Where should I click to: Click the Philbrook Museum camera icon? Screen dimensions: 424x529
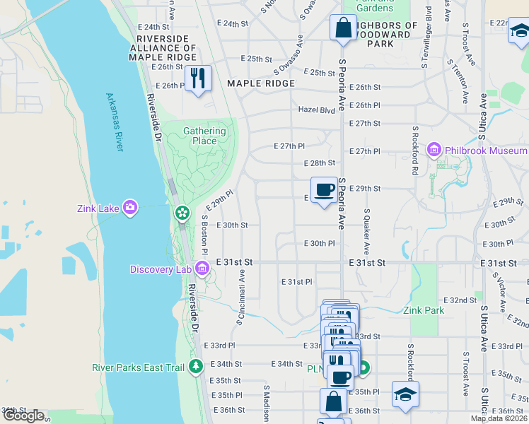point(434,151)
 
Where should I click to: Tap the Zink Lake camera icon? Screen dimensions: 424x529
point(130,208)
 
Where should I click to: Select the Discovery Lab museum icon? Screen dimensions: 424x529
point(202,269)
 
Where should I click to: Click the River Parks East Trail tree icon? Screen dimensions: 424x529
point(196,366)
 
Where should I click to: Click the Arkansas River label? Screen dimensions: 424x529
point(114,121)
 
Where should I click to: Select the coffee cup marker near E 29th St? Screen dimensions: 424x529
point(325,189)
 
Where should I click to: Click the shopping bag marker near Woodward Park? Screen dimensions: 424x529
point(343,28)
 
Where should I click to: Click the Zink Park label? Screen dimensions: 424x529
point(424,310)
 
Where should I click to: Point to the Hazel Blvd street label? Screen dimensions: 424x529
point(316,110)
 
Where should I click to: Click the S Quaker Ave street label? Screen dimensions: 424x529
point(367,232)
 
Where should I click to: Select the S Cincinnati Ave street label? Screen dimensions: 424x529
point(241,296)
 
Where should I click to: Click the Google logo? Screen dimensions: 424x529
point(23,416)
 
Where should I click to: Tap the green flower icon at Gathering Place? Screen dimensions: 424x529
point(182,212)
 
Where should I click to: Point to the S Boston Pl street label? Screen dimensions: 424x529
point(204,235)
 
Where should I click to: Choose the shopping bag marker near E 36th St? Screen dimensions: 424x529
point(333,401)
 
